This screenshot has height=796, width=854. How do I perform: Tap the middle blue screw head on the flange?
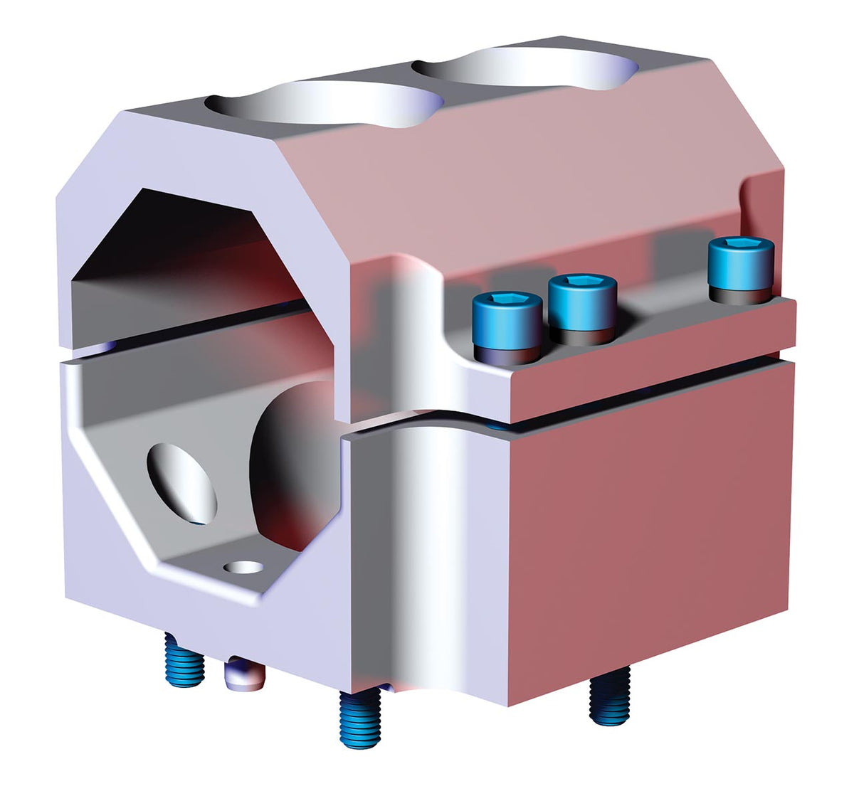581,303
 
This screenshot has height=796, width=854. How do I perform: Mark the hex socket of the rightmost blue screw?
739,244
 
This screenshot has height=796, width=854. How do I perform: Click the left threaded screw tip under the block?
184,661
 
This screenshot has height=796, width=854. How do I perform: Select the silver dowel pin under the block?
242,676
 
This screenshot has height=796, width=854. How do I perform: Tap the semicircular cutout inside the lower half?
295,462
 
